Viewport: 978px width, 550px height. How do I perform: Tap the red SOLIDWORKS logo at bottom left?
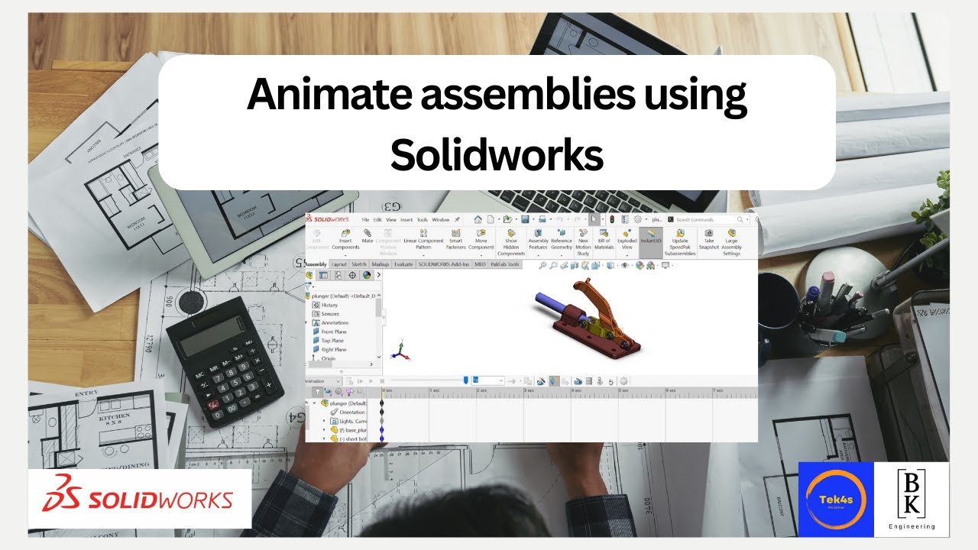(x=139, y=500)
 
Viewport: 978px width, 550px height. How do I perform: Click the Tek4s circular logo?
(x=835, y=499)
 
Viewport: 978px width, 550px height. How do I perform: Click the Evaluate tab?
(x=403, y=264)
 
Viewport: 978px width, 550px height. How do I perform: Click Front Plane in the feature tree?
(x=333, y=332)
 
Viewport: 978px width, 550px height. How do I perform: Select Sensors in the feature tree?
(x=330, y=313)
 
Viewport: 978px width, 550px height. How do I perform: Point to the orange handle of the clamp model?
(x=593, y=294)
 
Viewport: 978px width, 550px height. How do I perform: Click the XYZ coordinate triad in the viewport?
(x=400, y=351)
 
